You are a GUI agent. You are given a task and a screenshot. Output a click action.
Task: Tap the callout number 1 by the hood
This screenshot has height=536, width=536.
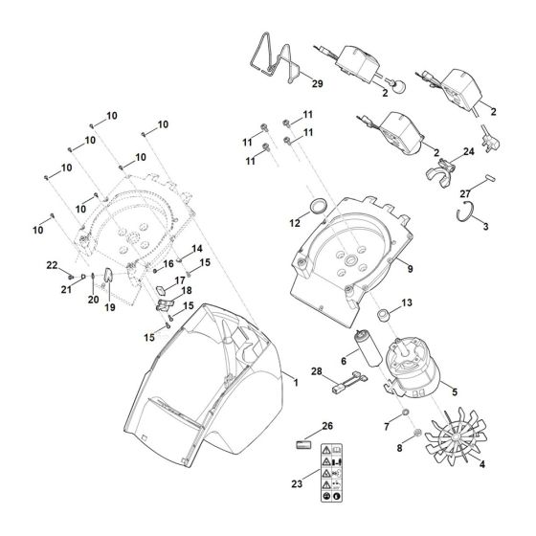click(296, 382)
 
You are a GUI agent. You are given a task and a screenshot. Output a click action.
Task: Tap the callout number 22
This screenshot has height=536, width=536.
click(54, 265)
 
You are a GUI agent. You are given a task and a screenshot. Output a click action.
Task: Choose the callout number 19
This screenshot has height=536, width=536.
click(109, 308)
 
